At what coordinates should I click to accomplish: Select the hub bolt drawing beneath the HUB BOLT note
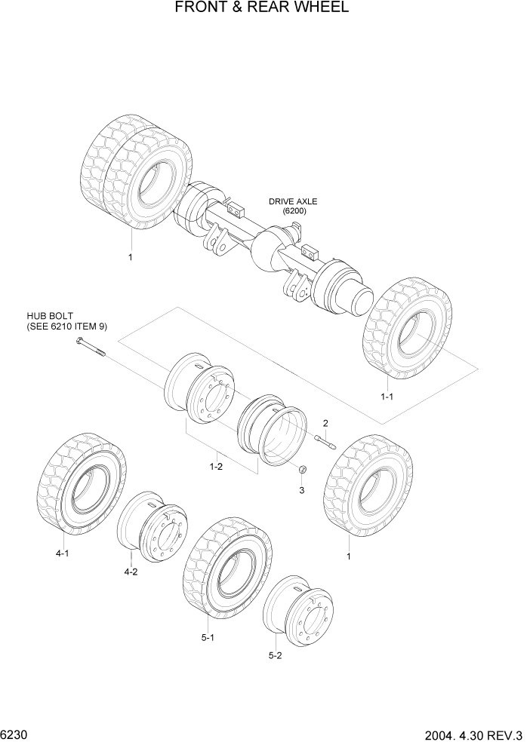89,347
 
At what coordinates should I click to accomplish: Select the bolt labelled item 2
325,443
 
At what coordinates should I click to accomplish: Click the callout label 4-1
62,553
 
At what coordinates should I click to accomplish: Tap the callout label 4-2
130,572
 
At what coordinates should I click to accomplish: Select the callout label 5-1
208,637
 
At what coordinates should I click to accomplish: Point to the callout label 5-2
275,655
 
